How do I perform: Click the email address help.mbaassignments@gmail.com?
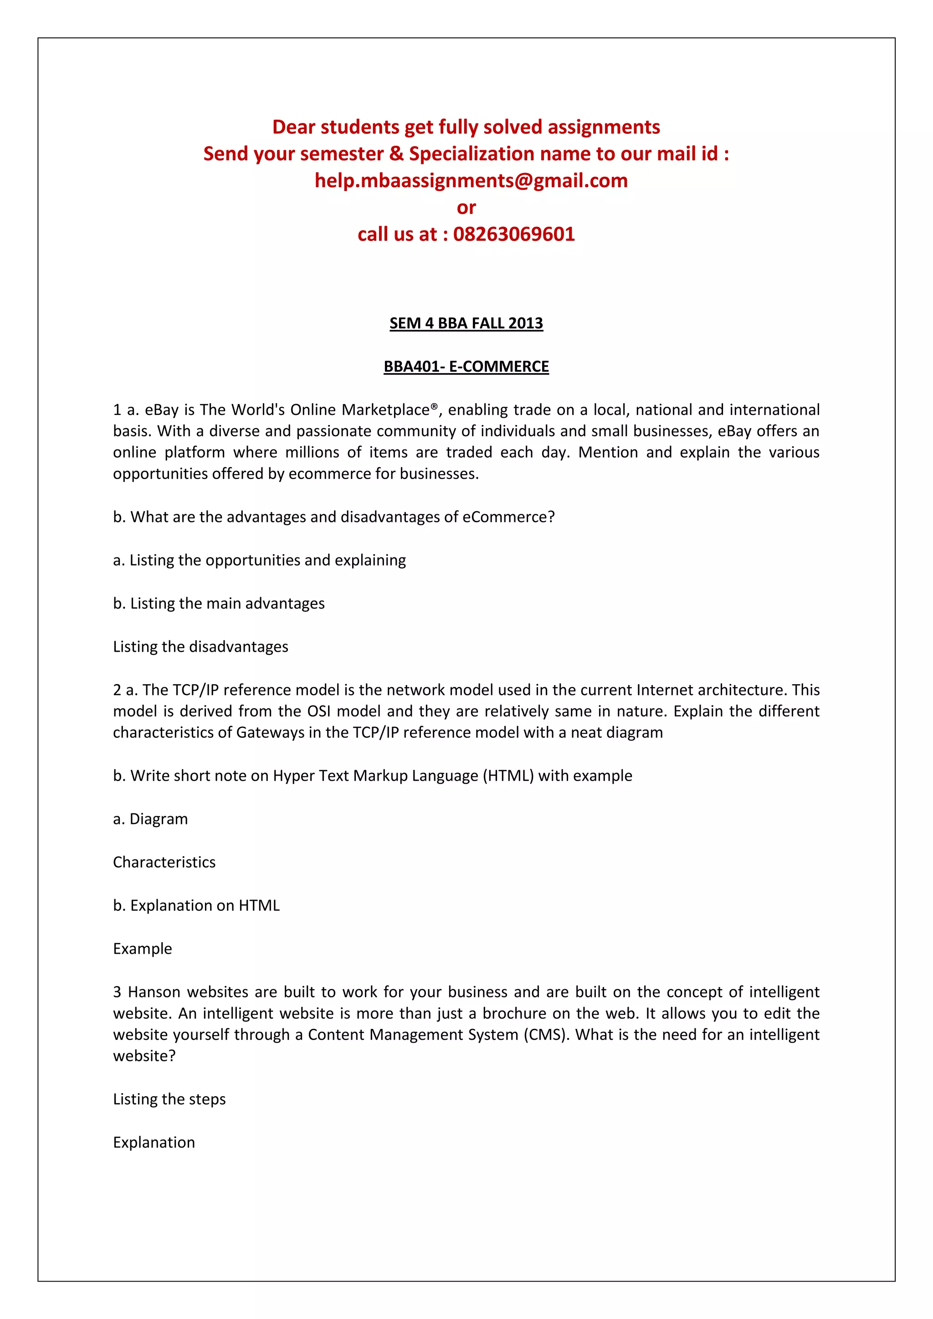[x=471, y=181]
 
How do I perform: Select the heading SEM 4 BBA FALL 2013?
[x=466, y=323]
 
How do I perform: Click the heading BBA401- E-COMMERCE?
[x=466, y=367]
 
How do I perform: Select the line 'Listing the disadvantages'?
[x=200, y=647]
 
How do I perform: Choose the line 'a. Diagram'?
[x=150, y=819]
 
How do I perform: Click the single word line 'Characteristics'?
[x=164, y=862]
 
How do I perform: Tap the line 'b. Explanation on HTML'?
[x=196, y=906]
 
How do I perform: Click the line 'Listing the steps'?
[x=169, y=1099]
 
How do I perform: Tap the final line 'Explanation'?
[x=154, y=1143]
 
